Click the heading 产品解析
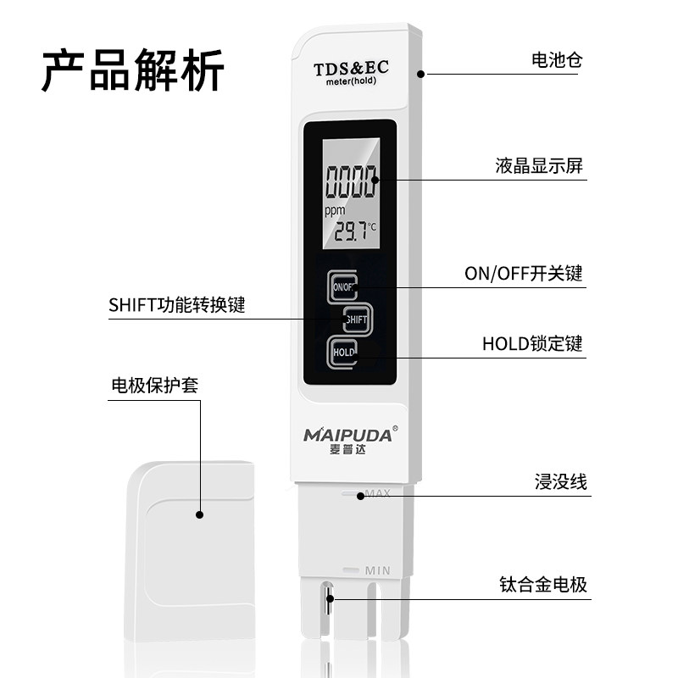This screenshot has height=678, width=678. [x=133, y=71]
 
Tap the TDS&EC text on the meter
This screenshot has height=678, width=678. [x=351, y=69]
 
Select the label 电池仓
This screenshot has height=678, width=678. [x=556, y=60]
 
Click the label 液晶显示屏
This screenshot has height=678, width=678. [x=539, y=166]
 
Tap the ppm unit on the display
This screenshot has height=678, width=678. [x=336, y=210]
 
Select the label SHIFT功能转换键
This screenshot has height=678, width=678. [x=176, y=305]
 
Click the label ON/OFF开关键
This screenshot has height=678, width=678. [x=523, y=274]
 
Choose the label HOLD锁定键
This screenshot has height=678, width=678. [x=532, y=344]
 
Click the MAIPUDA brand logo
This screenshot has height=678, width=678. [x=348, y=436]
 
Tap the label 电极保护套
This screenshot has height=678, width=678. [x=154, y=386]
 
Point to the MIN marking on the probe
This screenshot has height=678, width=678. [x=377, y=570]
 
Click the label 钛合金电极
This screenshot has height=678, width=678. [x=543, y=585]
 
